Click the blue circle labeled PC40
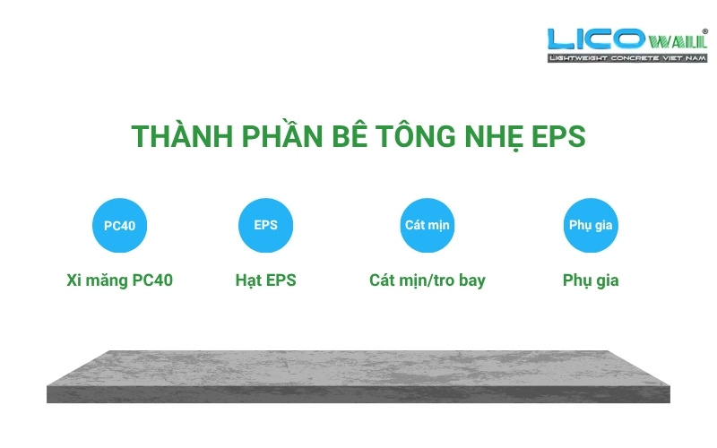coord(119,225)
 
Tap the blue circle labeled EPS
coord(265,225)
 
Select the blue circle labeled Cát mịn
coord(427,225)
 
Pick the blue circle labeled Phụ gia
coord(591,225)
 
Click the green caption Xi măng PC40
coord(119,280)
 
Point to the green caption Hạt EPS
coord(265,280)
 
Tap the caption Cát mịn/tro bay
coord(427,280)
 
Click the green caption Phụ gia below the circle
coord(591,280)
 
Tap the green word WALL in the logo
coord(678,41)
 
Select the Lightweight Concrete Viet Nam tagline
coord(627,58)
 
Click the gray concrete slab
coord(358,376)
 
